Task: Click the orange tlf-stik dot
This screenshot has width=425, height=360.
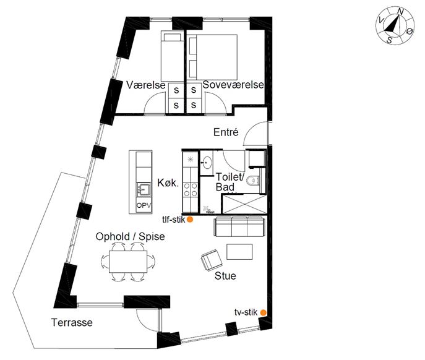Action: click(x=190, y=220)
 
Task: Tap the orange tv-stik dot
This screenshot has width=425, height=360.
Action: click(x=263, y=312)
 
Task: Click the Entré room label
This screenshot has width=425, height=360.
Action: click(x=226, y=132)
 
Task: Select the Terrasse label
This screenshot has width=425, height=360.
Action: click(x=72, y=323)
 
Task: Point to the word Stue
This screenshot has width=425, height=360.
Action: click(x=225, y=276)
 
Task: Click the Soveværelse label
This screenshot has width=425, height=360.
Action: click(x=233, y=85)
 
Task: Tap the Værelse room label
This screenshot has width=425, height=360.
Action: click(x=146, y=85)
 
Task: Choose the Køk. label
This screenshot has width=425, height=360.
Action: click(x=168, y=182)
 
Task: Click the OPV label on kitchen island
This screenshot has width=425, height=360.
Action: click(x=144, y=205)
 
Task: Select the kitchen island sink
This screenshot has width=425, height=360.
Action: click(x=144, y=189)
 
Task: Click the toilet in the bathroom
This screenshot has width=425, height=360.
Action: click(x=254, y=180)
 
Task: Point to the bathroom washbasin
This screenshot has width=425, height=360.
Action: click(x=207, y=163)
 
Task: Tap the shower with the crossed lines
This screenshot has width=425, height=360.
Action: click(x=244, y=204)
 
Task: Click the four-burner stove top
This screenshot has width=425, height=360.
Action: click(x=191, y=189)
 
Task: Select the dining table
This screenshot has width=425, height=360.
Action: click(x=128, y=261)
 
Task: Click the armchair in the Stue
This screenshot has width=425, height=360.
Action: click(x=212, y=260)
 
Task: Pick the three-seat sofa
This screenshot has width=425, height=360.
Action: click(x=239, y=226)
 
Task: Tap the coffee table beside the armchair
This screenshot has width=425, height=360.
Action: click(x=239, y=252)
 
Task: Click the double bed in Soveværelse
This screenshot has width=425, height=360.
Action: click(x=212, y=57)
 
